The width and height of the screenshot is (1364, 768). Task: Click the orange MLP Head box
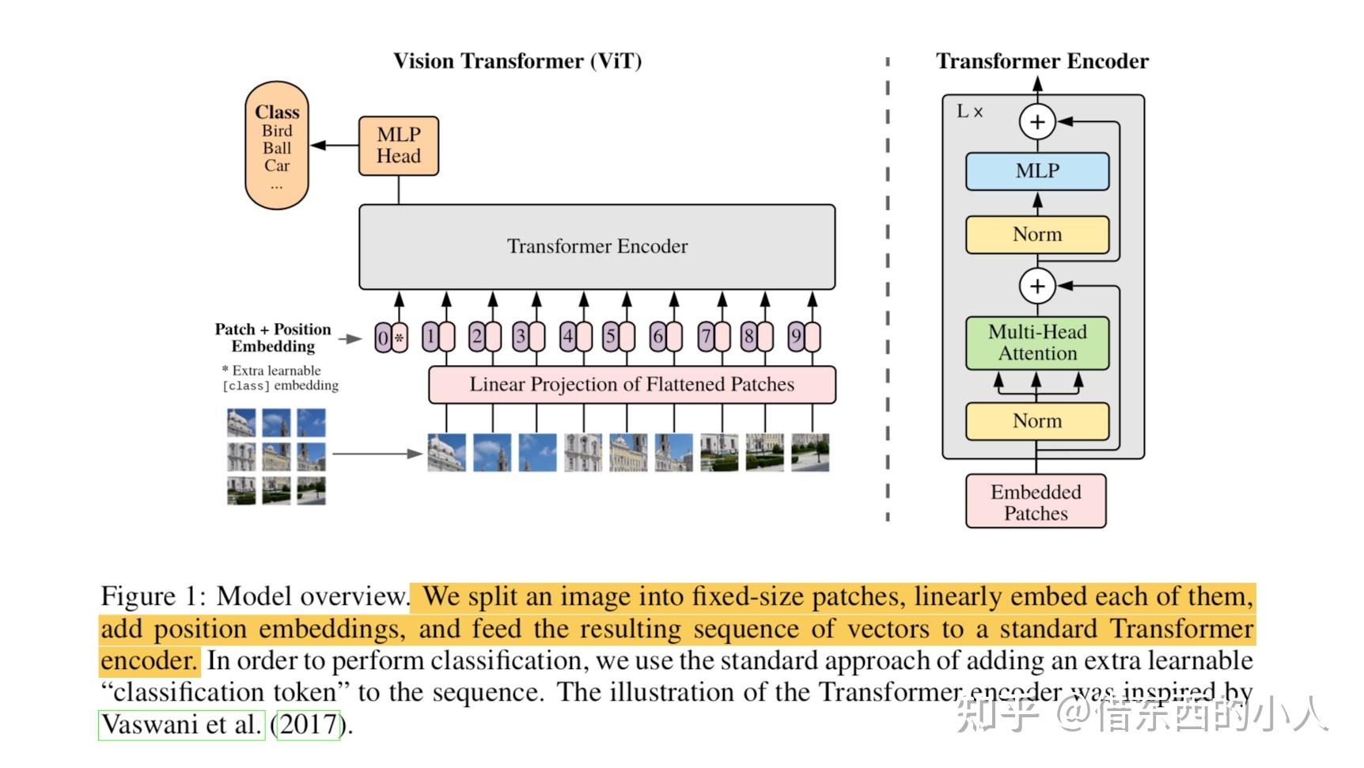tap(398, 146)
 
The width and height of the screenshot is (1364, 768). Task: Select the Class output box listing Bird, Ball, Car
tap(277, 146)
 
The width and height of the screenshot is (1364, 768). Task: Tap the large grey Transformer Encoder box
tap(597, 246)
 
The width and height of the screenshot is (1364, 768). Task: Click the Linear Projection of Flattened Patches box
tap(631, 385)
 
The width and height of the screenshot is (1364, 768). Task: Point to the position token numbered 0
tap(383, 338)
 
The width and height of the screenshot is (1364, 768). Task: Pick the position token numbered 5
tap(610, 337)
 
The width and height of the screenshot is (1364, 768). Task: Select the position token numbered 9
tap(796, 337)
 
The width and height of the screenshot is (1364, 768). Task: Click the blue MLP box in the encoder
tap(1036, 171)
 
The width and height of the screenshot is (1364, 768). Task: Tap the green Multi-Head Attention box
tap(1036, 343)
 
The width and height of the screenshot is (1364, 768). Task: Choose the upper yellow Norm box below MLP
tap(1036, 234)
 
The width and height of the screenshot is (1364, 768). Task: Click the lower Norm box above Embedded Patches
tap(1036, 421)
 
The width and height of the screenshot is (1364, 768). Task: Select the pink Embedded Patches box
tap(1035, 502)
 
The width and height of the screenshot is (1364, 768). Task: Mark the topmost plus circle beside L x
tap(1037, 122)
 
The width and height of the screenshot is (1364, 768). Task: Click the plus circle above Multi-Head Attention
tap(1037, 286)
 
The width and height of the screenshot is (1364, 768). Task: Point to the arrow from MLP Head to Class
tap(334, 146)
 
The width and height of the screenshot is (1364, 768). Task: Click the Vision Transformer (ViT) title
tap(517, 62)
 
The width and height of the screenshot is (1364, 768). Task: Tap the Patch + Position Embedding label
tap(273, 338)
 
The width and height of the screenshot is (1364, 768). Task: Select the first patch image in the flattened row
tap(446, 453)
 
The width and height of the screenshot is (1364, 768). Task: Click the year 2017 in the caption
tap(307, 724)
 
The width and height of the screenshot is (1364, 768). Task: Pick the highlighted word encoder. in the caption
tap(148, 661)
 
